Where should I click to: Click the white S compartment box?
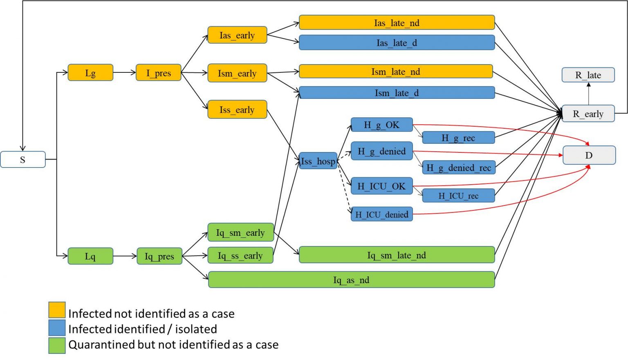[x=22, y=159]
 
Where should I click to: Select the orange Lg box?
[x=90, y=73]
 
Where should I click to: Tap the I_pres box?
[x=158, y=73]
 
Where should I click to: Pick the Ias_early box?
[x=237, y=35]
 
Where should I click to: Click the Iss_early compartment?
[x=237, y=110]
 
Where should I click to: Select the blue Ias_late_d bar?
[x=397, y=42]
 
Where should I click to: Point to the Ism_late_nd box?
[x=395, y=72]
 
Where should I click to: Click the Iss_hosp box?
[x=318, y=161]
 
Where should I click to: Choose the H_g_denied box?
[x=381, y=151]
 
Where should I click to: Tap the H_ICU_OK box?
[x=381, y=186]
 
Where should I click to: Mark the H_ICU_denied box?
[x=381, y=214]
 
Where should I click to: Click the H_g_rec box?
[x=458, y=138]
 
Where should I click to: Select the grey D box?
[x=589, y=155]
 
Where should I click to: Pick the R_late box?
[x=588, y=75]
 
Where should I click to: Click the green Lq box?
[x=90, y=256]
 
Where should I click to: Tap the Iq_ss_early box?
[x=240, y=255]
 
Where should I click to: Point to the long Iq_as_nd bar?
[x=351, y=280]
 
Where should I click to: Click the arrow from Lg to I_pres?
[x=124, y=73]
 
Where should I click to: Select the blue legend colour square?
[x=57, y=327]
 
